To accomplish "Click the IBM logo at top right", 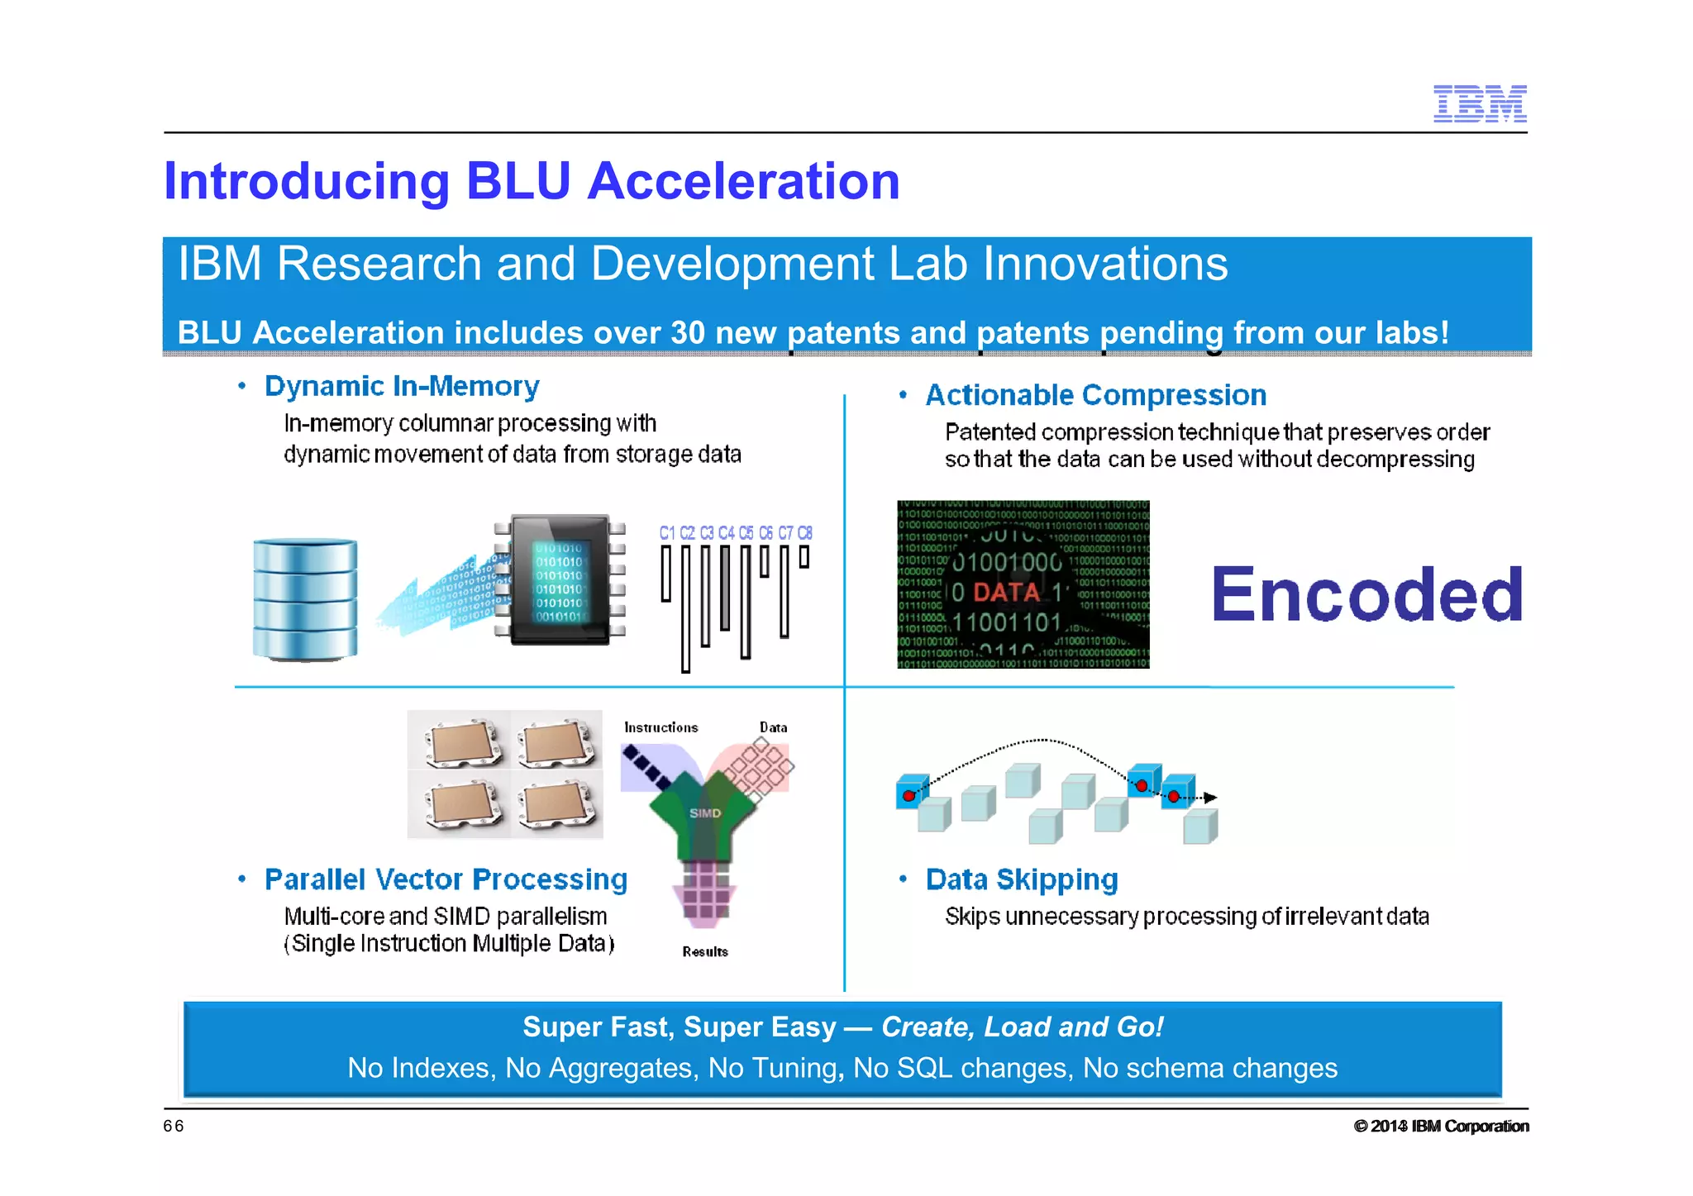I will pos(1479,103).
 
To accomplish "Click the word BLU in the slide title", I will pos(518,181).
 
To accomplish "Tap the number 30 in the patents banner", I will pos(687,333).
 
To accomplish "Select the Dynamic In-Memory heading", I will pos(402,386).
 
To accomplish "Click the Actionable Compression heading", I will pos(1095,395).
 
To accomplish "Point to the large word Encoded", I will pos(1366,594).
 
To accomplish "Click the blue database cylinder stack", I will pos(305,599).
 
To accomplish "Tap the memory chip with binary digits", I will pos(560,582).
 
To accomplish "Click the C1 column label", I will pos(667,533).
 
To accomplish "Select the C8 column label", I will pos(804,533).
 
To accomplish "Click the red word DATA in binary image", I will pos(1006,592).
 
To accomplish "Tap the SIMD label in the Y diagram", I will pos(705,813).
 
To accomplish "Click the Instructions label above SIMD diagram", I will pos(661,727).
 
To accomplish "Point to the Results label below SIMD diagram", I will pos(705,952).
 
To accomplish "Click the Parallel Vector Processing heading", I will pos(446,879).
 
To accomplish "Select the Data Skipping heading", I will pos(1022,879).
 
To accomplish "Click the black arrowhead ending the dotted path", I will pos(1210,798).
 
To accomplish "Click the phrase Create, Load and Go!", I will pos(1022,1027).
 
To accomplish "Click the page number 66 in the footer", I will pos(174,1126).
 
